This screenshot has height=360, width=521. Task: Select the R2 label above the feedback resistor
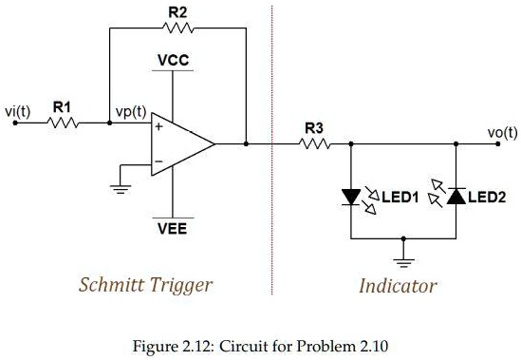177,11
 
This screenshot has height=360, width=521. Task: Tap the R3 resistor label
313,128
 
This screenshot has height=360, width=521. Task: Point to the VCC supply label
174,61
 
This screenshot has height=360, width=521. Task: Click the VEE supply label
173,228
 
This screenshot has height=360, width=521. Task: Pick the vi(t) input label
18,112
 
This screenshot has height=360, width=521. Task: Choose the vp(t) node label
130,111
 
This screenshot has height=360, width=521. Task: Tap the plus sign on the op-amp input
158,126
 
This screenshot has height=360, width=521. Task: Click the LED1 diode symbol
350,198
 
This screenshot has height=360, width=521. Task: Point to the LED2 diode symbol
456,198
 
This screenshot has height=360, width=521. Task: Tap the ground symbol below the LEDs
403,256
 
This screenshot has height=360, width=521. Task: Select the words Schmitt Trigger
145,285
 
